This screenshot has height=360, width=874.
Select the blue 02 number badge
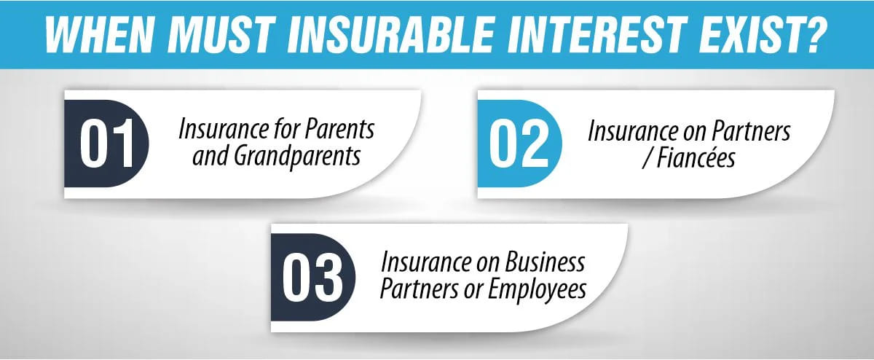pyautogui.click(x=518, y=144)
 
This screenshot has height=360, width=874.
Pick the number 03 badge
pyautogui.click(x=312, y=278)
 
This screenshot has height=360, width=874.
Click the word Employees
pyautogui.click(x=535, y=289)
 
